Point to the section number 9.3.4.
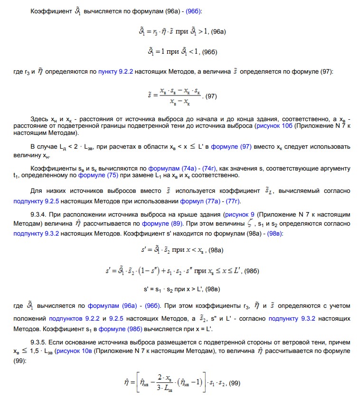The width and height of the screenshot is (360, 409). click(x=39, y=214)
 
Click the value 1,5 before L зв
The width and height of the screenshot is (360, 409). click(x=28, y=351)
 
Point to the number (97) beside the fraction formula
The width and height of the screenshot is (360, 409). click(x=210, y=96)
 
